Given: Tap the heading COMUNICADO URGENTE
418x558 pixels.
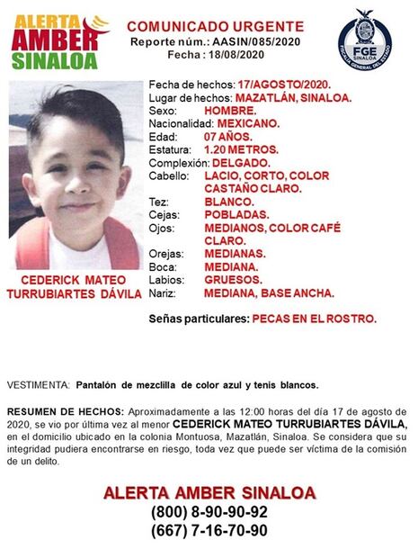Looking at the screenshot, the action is (x=209, y=26).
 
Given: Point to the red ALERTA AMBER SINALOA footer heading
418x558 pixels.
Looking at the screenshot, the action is (x=209, y=492).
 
